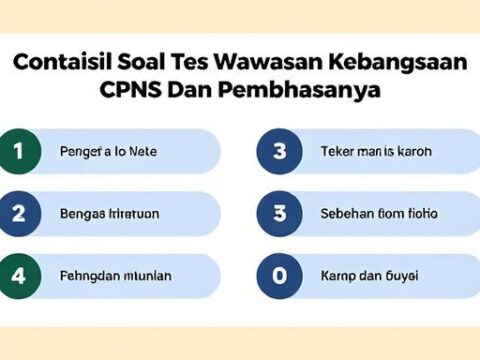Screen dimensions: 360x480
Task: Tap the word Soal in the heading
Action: [x=151, y=62]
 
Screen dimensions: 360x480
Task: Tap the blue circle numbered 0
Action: [x=279, y=275]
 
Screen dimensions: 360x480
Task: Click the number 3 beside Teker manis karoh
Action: [x=279, y=152]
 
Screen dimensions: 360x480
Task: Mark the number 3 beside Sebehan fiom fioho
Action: [x=279, y=214]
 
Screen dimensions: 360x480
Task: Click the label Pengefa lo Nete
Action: [x=102, y=152]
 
